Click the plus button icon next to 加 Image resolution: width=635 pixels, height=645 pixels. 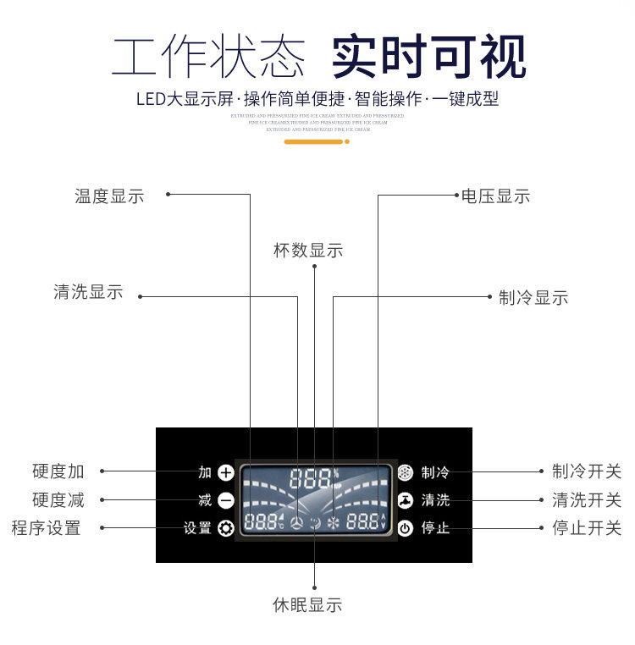pos(225,473)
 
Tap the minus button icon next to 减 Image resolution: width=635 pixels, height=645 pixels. pos(225,500)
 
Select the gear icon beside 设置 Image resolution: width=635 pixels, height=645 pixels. pos(225,529)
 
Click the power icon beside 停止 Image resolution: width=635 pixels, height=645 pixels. pos(406,529)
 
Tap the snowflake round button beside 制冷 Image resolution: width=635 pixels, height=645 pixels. pos(406,473)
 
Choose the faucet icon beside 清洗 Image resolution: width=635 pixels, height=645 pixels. pos(406,500)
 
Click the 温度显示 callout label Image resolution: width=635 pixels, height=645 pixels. pos(109,196)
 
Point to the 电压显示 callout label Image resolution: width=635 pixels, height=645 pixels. pos(495,196)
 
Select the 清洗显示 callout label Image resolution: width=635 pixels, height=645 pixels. pos(88,293)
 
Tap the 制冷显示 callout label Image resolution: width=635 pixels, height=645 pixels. pos(533,298)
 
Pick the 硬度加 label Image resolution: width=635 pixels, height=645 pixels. pos(58,471)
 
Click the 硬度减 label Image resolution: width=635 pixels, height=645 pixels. pos(58,500)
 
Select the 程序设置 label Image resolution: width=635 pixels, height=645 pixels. pos(47,528)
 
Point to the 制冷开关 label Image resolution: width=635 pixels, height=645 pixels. pos(587,471)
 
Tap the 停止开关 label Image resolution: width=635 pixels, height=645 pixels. pos(587,528)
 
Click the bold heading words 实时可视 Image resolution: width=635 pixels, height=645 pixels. pos(428,58)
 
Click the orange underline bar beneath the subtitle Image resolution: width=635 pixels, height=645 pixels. pos(313,142)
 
